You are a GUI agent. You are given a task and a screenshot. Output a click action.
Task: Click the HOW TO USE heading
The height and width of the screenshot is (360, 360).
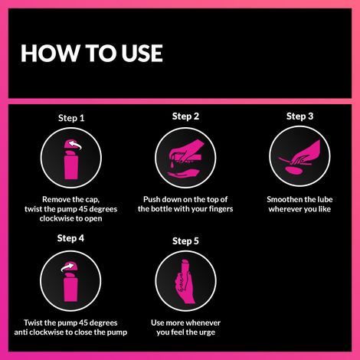click(91, 52)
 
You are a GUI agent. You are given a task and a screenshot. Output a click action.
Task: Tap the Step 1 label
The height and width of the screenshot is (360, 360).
click(71, 119)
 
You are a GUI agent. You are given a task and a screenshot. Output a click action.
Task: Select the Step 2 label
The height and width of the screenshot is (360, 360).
click(185, 116)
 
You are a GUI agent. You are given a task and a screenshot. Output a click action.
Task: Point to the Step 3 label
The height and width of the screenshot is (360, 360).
click(299, 116)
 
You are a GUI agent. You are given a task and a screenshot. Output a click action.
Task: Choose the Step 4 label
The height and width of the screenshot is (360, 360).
click(71, 238)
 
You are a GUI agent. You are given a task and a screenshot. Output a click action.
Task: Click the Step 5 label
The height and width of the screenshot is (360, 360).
click(185, 241)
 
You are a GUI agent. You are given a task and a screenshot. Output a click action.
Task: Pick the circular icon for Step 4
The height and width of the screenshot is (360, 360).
click(71, 278)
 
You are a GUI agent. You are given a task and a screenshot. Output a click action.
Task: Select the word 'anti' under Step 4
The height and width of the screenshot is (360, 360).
click(25, 332)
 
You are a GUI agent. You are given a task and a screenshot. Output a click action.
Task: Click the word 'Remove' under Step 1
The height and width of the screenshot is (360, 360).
click(39, 198)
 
